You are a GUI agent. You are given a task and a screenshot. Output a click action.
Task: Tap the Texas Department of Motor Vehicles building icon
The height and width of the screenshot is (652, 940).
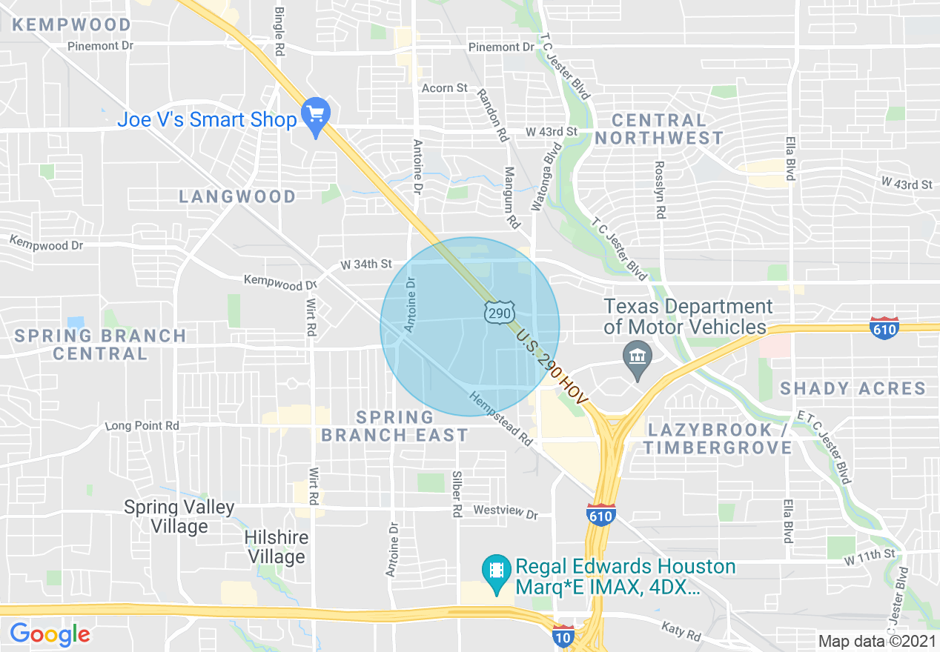pyautogui.click(x=637, y=358)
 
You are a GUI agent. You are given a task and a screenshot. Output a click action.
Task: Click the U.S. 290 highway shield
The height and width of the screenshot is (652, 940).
pyautogui.click(x=499, y=313)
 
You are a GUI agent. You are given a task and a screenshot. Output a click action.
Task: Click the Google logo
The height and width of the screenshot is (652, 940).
pyautogui.click(x=50, y=634)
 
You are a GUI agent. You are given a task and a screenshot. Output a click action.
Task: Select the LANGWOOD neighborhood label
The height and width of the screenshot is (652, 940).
pyautogui.click(x=237, y=196)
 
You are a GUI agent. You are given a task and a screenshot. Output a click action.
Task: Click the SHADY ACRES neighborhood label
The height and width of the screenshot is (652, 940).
pyautogui.click(x=853, y=388)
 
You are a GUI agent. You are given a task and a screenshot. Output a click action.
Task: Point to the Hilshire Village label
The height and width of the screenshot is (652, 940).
pyautogui.click(x=277, y=547)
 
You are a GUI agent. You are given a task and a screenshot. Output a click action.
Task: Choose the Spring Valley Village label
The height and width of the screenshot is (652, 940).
pyautogui.click(x=179, y=517)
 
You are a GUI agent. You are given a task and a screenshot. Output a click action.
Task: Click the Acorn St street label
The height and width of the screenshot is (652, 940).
pyautogui.click(x=445, y=88)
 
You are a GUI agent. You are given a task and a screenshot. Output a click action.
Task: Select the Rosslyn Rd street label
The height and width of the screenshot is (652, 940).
pyautogui.click(x=659, y=190)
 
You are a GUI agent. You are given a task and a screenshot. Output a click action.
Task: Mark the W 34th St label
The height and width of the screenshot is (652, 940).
pyautogui.click(x=365, y=265)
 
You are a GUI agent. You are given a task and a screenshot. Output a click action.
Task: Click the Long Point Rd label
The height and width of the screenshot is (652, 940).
pyautogui.click(x=142, y=426)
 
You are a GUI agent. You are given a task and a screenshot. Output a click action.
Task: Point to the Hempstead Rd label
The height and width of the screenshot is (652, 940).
pyautogui.click(x=501, y=419)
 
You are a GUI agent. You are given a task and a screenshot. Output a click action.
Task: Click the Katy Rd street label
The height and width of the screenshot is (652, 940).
pyautogui.click(x=681, y=631)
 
